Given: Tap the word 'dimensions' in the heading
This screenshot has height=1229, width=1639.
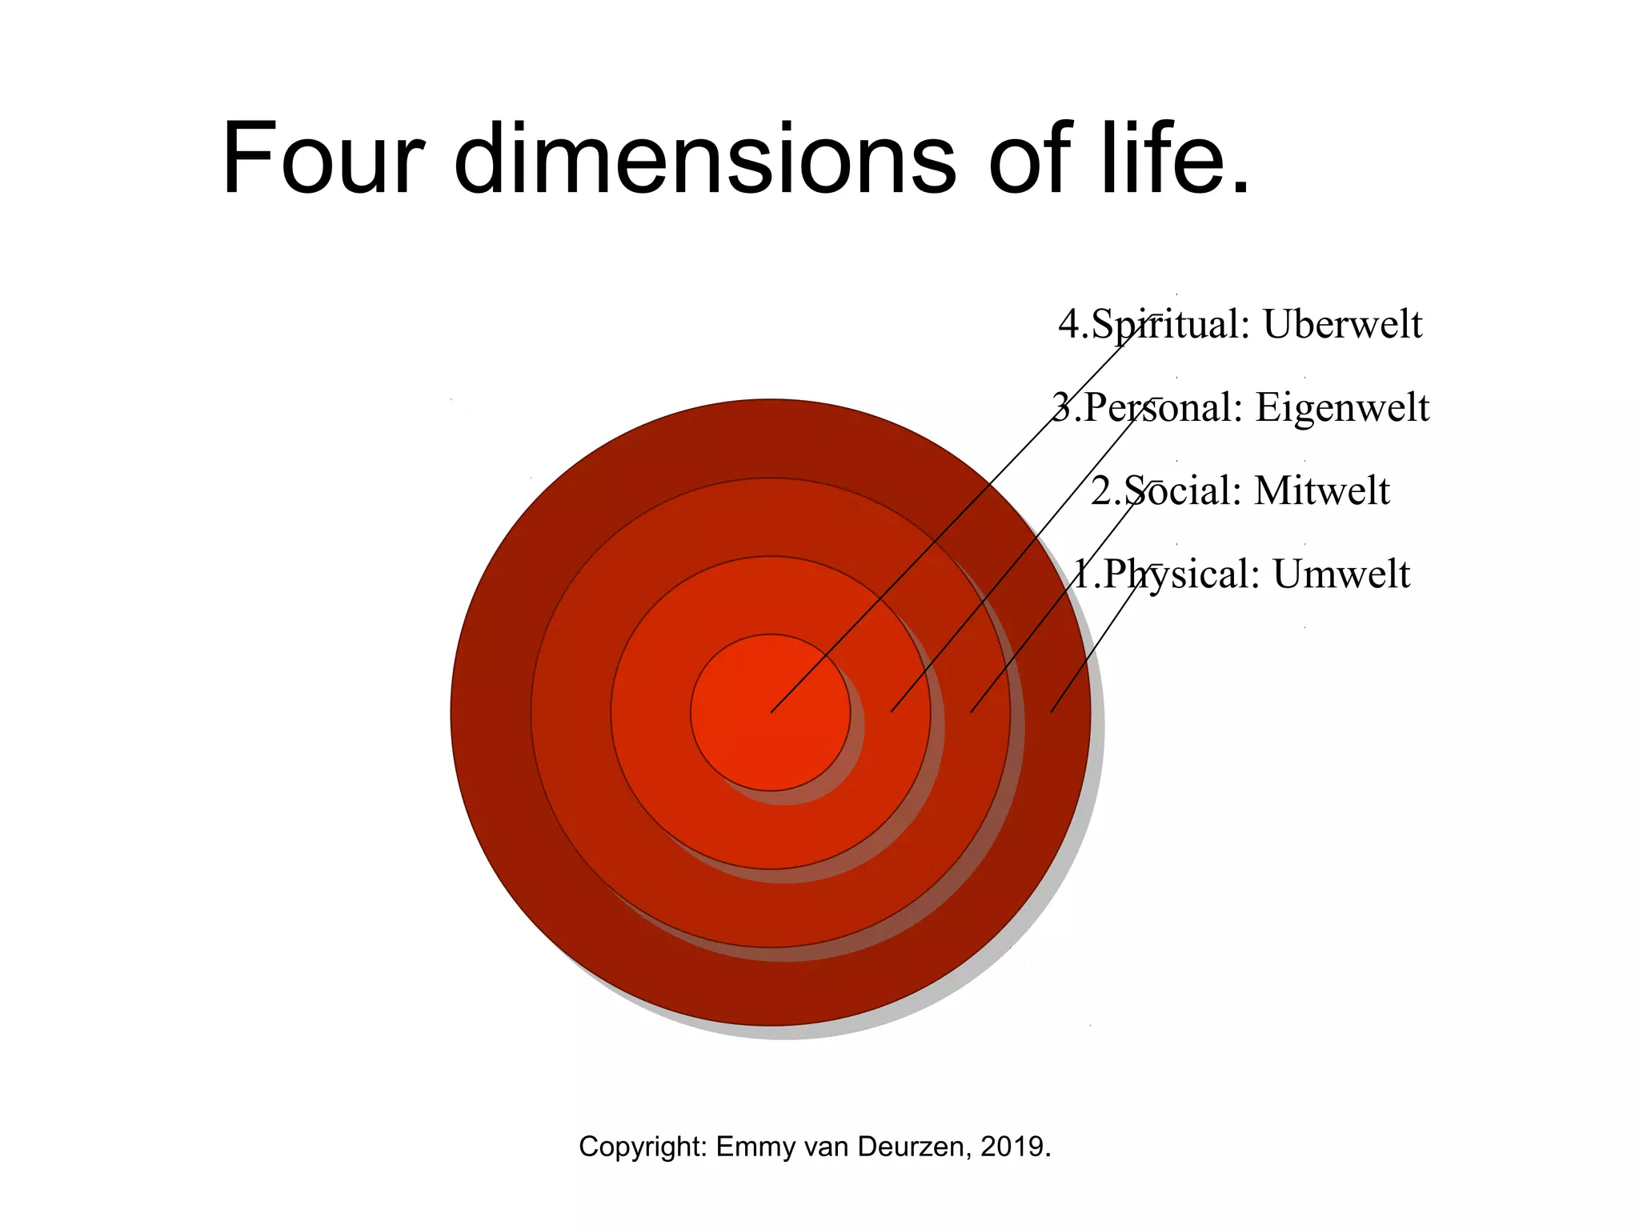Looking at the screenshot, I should [x=704, y=158].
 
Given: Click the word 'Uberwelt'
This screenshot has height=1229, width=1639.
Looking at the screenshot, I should [x=1343, y=325].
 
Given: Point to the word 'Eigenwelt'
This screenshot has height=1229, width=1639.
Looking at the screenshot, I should [x=1342, y=408].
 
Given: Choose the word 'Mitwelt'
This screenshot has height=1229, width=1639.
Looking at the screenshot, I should [x=1321, y=491].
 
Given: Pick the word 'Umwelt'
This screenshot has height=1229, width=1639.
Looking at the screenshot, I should [x=1341, y=574].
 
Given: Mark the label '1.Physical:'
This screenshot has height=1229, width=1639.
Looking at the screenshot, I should [x=1166, y=574].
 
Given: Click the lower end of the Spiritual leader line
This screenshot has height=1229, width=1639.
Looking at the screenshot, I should [x=772, y=711].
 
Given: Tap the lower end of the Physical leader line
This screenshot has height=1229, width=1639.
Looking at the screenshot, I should [x=1052, y=711].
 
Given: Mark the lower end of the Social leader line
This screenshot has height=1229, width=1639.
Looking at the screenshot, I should [x=972, y=711].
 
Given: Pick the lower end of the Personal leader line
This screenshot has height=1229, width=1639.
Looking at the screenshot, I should [x=892, y=711].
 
